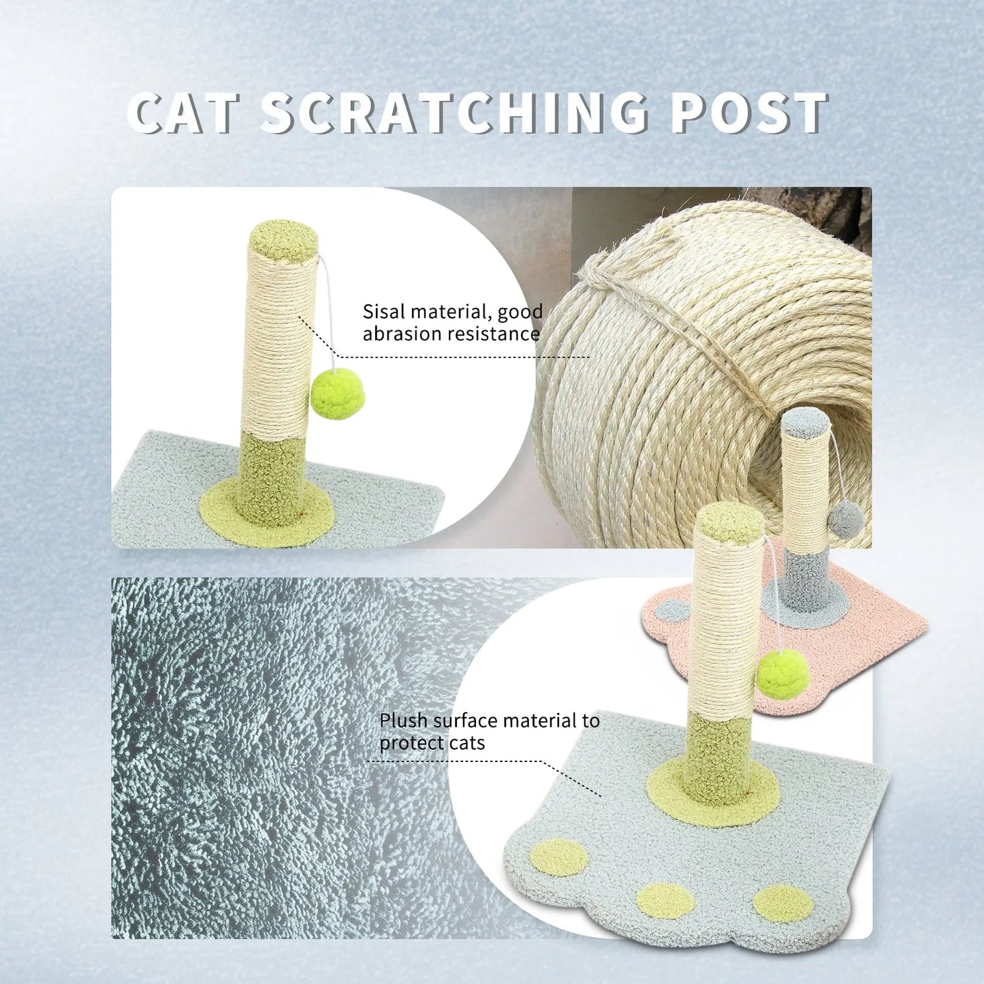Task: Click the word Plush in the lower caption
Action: point(404,720)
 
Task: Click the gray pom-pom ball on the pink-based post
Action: point(846,521)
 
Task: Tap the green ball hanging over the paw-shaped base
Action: point(783,673)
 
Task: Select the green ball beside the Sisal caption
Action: point(338,394)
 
